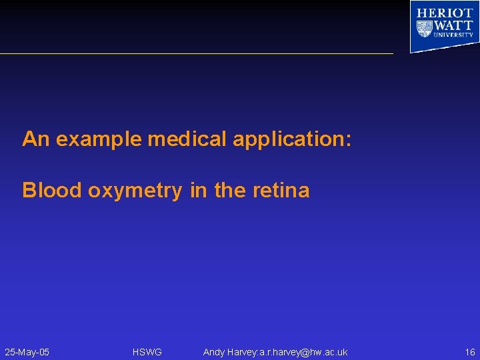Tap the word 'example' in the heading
(x=99, y=139)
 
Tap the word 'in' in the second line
(x=199, y=191)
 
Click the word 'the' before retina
(x=230, y=191)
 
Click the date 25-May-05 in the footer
(x=27, y=352)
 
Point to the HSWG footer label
(x=147, y=352)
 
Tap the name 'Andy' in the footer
(x=214, y=352)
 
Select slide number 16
(x=470, y=352)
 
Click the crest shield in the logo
(x=424, y=29)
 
